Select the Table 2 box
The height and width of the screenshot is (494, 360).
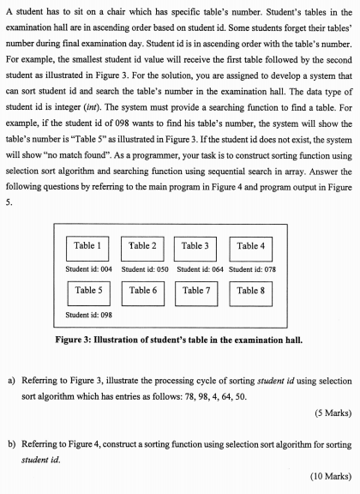142,246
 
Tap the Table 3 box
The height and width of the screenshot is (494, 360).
196,246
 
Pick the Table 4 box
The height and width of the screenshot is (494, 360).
251,246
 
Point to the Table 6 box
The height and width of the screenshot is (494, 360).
142,291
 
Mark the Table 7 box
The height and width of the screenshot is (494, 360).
196,291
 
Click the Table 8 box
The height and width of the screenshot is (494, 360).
251,291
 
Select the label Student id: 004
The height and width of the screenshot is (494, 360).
89,269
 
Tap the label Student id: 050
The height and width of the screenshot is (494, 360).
144,269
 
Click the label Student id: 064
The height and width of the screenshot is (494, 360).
199,269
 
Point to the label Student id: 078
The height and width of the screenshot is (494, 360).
253,269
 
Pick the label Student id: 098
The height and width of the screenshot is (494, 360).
89,315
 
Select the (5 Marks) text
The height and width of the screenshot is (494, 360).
328,413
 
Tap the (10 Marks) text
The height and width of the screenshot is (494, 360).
327,474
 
